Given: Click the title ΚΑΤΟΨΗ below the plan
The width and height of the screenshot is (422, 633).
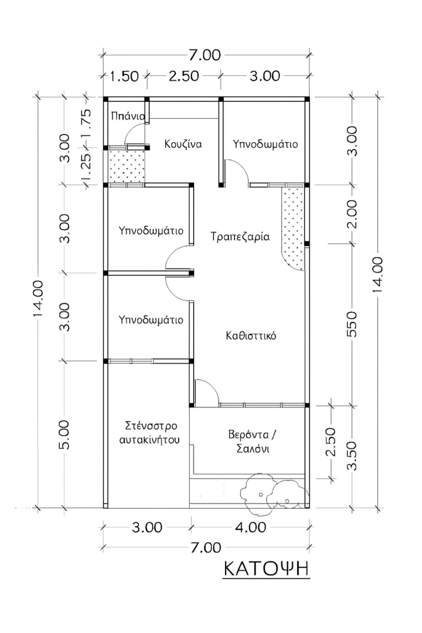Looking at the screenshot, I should coord(265,568).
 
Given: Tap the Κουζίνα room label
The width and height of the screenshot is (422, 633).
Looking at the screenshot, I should coord(184,143).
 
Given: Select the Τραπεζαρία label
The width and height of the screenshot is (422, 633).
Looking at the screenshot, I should coord(240,236).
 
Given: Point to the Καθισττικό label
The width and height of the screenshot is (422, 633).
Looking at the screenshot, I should coord(250,336).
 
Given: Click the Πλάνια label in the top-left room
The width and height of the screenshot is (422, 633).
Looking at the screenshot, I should coord(128,116).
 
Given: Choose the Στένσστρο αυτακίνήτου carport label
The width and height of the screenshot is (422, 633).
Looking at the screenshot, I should coord(151,433).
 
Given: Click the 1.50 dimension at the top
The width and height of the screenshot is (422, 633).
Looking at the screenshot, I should coord(124,76).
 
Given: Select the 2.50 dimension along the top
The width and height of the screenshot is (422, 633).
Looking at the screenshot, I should coord(182,76).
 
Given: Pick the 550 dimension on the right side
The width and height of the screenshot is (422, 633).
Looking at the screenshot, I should coord(352,324).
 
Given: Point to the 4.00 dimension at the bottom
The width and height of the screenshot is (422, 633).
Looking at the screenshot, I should coord(250,528).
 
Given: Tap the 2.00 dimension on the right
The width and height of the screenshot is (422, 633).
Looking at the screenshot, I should coord(352,215).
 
